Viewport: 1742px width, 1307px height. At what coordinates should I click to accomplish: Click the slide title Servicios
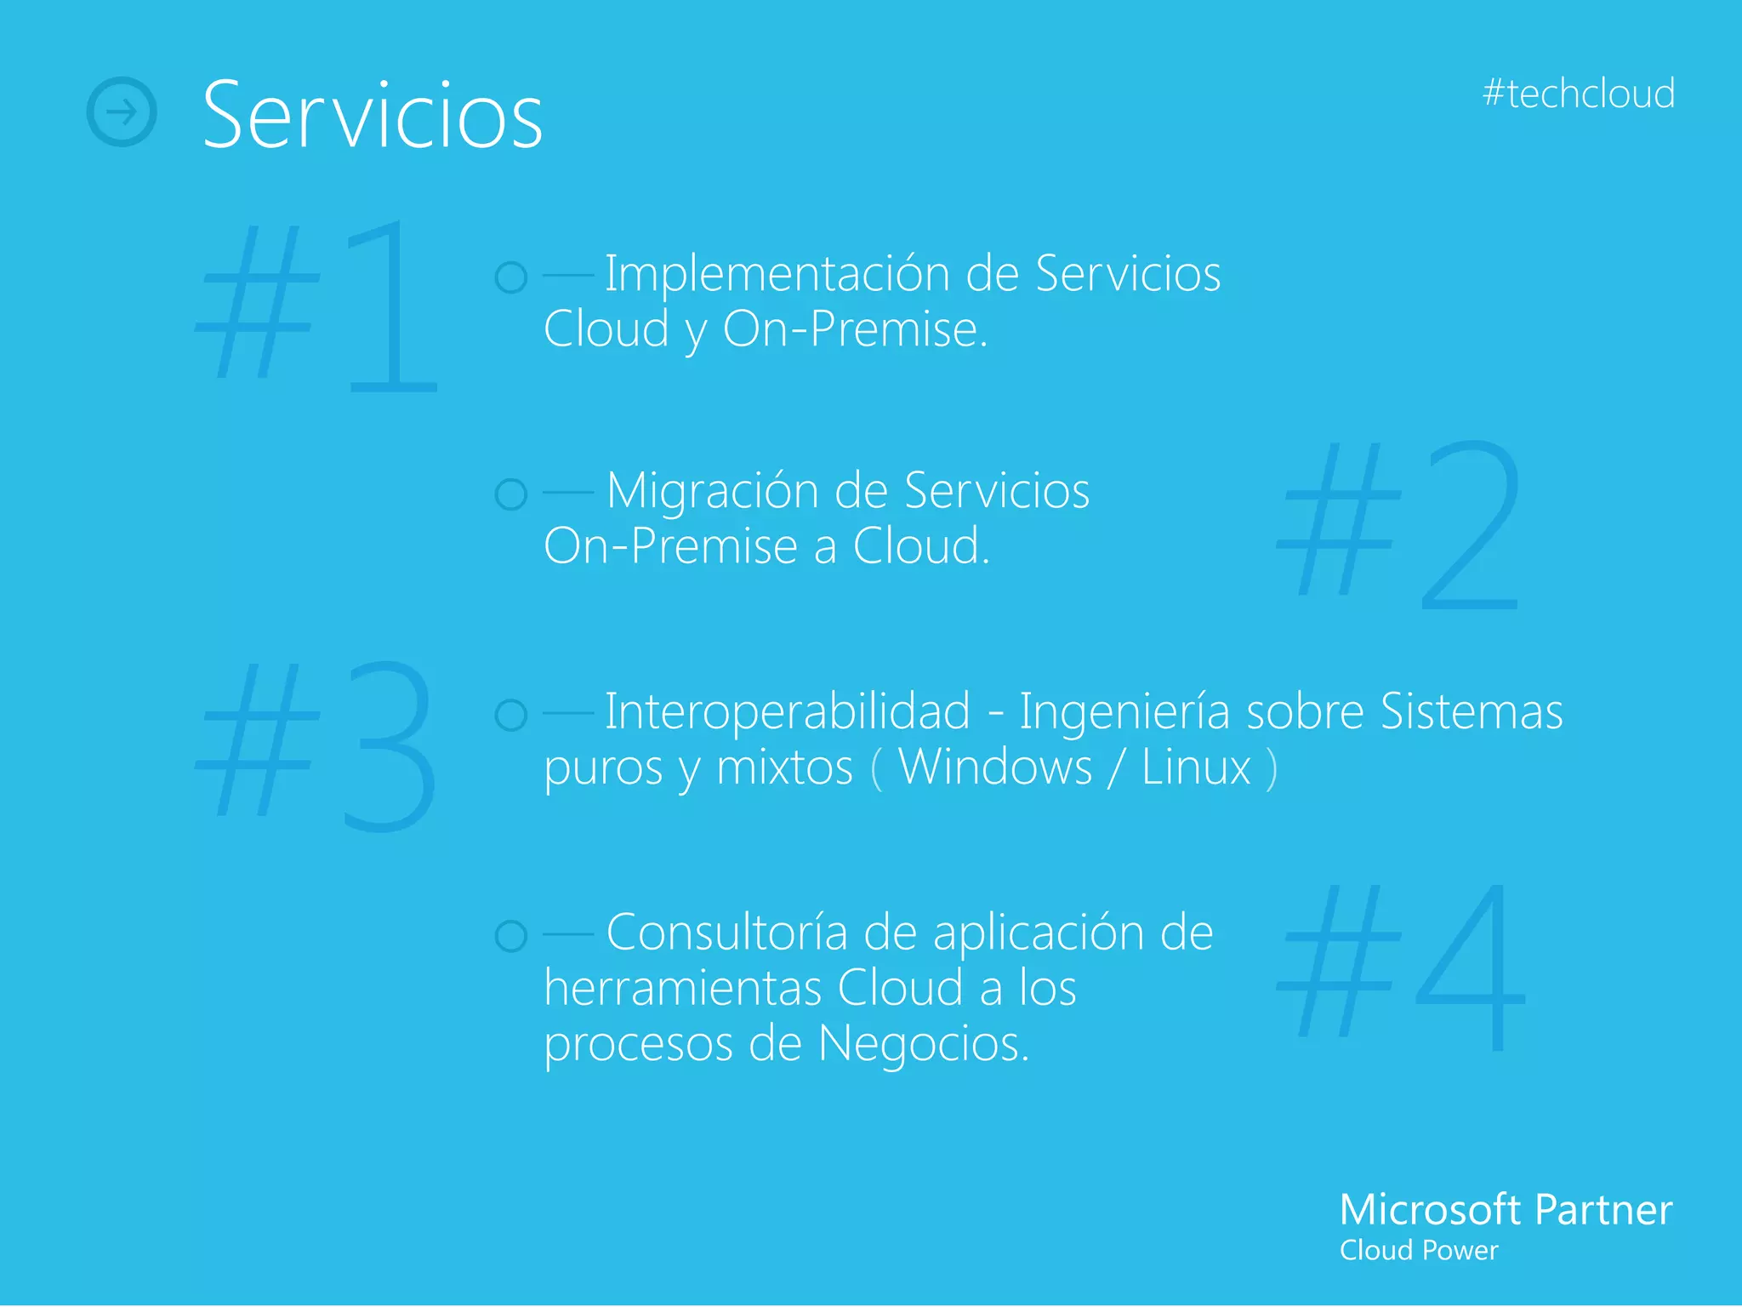(373, 115)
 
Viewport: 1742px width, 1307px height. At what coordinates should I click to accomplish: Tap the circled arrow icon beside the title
(122, 111)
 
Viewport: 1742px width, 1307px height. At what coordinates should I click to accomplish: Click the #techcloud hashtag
(1578, 94)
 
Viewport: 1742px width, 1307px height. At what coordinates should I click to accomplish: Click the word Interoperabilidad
(787, 711)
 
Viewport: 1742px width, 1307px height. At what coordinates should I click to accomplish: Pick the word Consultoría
(726, 933)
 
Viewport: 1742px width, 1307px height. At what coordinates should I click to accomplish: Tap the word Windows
(994, 768)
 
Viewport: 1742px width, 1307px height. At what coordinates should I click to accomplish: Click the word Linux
(1196, 768)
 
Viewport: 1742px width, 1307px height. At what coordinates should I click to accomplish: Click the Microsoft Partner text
(1506, 1209)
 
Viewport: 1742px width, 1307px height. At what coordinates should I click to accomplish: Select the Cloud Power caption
(1418, 1251)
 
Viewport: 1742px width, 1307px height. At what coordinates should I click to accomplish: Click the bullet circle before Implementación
(511, 277)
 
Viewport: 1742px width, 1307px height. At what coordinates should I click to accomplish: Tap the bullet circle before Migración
(511, 494)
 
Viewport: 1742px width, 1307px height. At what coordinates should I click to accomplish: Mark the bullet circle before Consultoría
(511, 936)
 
